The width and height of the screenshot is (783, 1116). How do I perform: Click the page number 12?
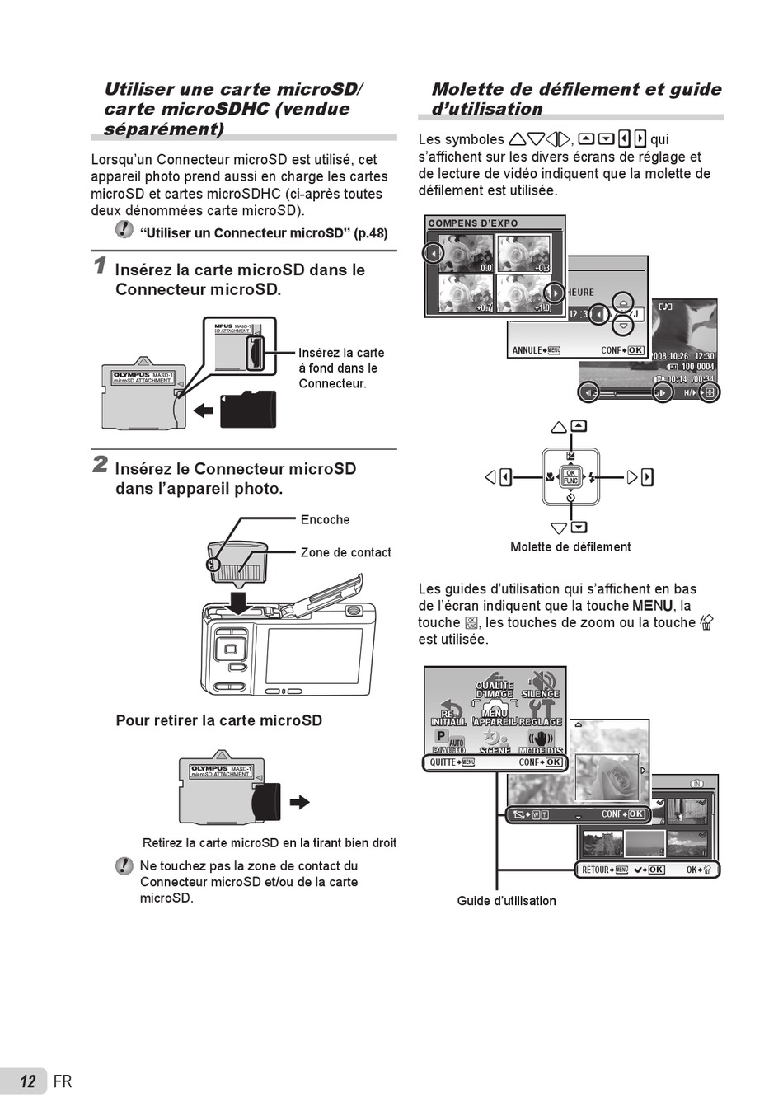(x=28, y=1081)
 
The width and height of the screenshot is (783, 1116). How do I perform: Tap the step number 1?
(x=100, y=265)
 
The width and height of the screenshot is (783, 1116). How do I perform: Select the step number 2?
(x=100, y=464)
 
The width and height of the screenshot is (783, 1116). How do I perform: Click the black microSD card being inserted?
(x=248, y=410)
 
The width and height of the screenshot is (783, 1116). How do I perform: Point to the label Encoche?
(x=325, y=520)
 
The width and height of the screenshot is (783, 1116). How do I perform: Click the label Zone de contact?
(x=345, y=552)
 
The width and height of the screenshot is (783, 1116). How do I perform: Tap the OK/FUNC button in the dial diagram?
(x=570, y=476)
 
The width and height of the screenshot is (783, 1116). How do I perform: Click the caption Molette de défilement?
(x=570, y=546)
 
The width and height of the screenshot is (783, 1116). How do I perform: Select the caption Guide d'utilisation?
(x=506, y=901)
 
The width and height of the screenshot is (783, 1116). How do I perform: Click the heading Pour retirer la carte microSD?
(x=218, y=720)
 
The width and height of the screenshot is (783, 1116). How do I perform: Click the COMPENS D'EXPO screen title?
(x=473, y=223)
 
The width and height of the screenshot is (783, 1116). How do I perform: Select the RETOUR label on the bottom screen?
(x=596, y=870)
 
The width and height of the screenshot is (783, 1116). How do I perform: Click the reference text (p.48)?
(x=371, y=233)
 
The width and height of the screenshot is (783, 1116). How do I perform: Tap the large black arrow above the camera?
(x=238, y=602)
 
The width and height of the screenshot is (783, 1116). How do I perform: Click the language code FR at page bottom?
(x=63, y=1081)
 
